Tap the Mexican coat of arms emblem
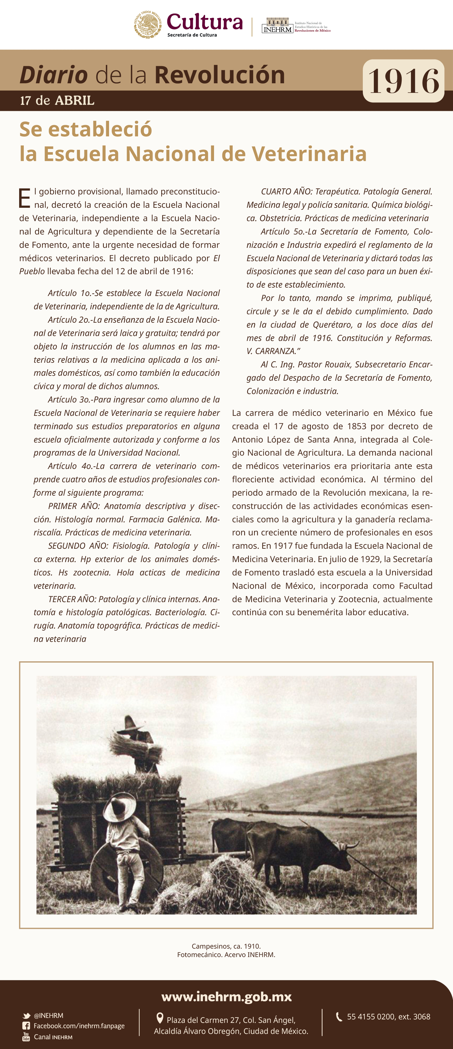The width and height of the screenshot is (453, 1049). pos(148,25)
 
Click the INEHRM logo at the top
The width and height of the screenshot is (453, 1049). pos(278,26)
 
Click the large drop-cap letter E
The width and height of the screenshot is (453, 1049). pos(24,198)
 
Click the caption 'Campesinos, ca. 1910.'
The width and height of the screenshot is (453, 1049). pos(226,946)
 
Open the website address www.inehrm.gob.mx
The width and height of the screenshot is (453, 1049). pos(226,996)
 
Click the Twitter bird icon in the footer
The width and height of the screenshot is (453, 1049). pos(26,1016)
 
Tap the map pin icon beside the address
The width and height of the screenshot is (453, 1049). pos(160,1018)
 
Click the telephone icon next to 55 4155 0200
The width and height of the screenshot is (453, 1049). pos(339,1017)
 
